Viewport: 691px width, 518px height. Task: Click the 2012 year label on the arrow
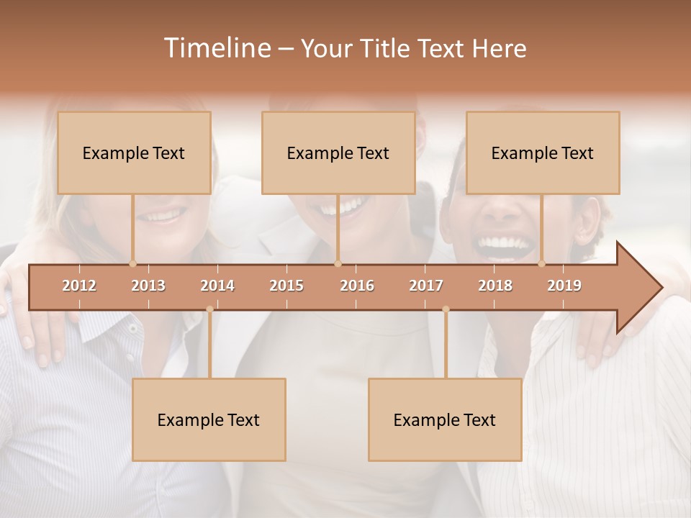point(79,286)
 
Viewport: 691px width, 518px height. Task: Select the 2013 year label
point(148,286)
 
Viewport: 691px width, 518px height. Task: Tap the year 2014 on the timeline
point(217,286)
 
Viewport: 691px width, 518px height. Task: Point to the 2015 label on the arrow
point(286,286)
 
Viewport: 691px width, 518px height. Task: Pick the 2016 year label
point(357,286)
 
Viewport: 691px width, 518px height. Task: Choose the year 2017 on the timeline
point(426,286)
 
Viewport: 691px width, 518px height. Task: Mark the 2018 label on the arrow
point(495,286)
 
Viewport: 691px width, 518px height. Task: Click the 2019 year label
point(564,286)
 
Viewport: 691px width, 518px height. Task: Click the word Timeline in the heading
point(216,48)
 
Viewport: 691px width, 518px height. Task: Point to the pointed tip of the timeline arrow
point(661,288)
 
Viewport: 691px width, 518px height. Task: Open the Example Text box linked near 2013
point(134,153)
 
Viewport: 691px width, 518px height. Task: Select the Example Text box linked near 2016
point(338,153)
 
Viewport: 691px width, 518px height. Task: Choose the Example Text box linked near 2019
point(543,153)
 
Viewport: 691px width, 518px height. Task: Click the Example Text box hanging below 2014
point(209,419)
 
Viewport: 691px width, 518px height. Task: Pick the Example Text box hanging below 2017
point(445,419)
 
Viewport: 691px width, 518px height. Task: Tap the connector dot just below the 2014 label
point(209,309)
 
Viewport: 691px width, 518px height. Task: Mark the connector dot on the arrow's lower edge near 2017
point(446,309)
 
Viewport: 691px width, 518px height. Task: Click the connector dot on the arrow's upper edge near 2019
point(542,264)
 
